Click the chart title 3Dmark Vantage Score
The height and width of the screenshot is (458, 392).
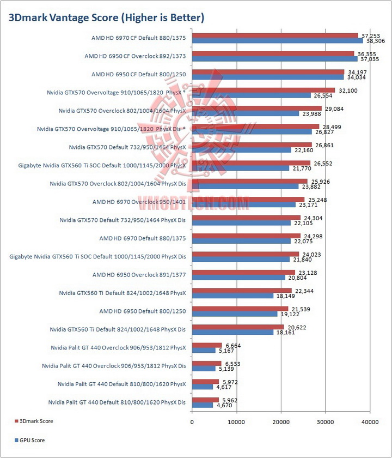click(x=106, y=17)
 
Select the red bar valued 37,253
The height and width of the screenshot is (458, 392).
click(x=275, y=35)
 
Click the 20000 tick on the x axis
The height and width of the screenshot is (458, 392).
click(x=281, y=421)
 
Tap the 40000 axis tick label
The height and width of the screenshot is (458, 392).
click(x=370, y=421)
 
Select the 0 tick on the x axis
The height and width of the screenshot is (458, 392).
click(x=192, y=421)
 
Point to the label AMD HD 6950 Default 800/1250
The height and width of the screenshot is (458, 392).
click(x=143, y=311)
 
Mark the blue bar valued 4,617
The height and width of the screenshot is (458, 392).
click(x=203, y=387)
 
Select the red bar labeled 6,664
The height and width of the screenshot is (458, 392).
click(x=207, y=345)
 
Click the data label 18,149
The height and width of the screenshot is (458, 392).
click(x=285, y=296)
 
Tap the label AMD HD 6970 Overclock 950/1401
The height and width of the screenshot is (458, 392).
click(x=139, y=202)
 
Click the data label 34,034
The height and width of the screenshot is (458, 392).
click(x=357, y=77)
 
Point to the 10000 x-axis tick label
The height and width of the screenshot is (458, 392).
click(x=236, y=421)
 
